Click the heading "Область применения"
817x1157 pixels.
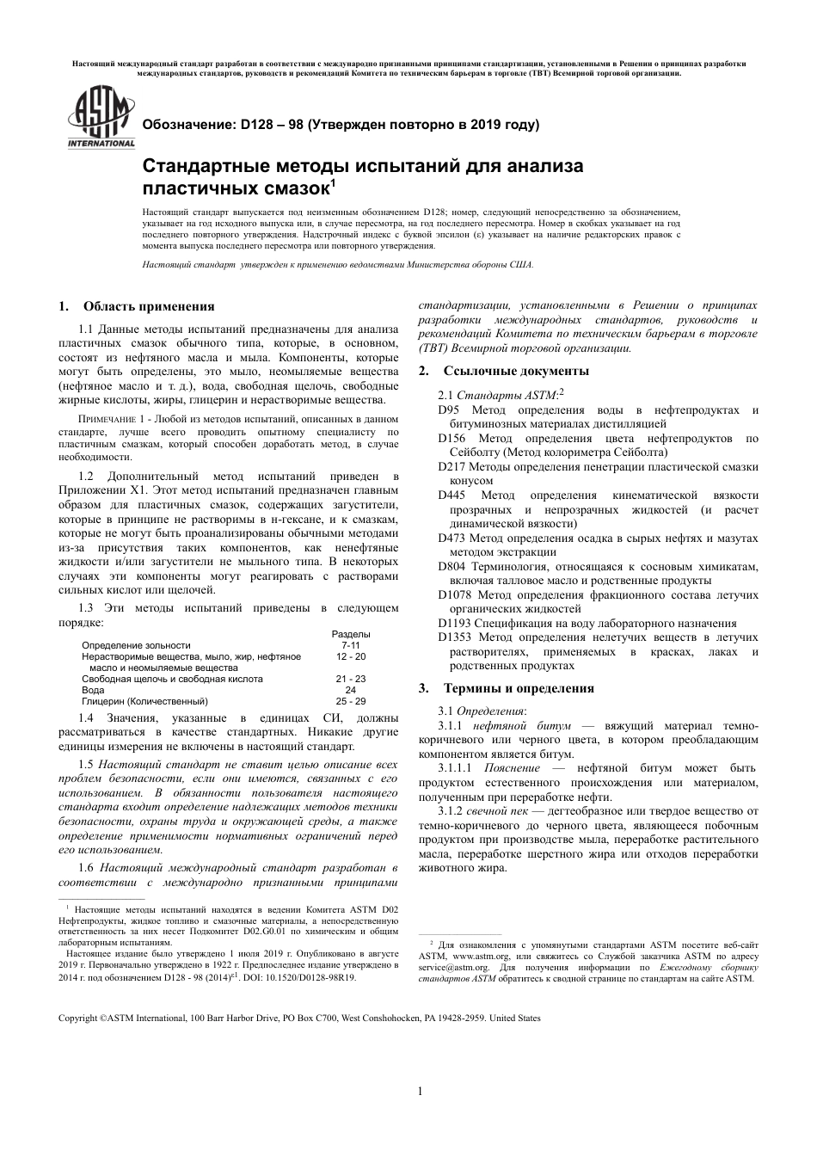pyautogui.click(x=148, y=306)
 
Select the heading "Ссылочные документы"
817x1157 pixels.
pyautogui.click(x=516, y=371)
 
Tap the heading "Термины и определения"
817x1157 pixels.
pyautogui.click(x=519, y=688)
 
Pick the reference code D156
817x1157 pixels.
pyautogui.click(x=452, y=439)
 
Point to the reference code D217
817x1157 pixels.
pyautogui.click(x=452, y=467)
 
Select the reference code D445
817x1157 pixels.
pyautogui.click(x=452, y=495)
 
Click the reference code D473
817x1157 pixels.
pyautogui.click(x=452, y=538)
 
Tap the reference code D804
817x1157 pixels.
pyautogui.click(x=452, y=567)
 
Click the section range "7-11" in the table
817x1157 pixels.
pyautogui.click(x=350, y=645)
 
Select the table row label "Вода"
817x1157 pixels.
pyautogui.click(x=93, y=690)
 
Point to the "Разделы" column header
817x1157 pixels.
pyautogui.click(x=350, y=634)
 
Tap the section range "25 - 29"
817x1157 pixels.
pyautogui.click(x=350, y=701)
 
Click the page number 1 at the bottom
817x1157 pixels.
pyautogui.click(x=420, y=1092)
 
